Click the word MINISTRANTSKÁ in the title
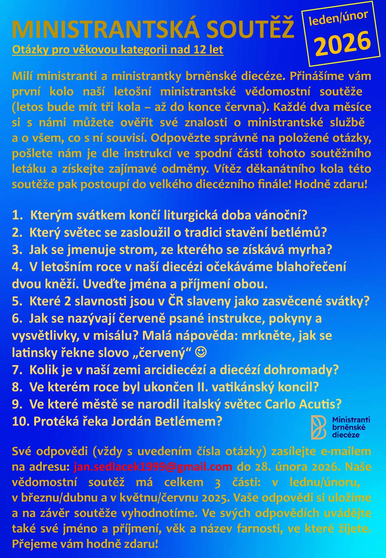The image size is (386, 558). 106,29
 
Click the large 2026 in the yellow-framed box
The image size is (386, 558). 342,44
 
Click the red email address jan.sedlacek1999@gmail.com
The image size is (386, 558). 153,467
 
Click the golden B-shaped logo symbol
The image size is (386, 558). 318,427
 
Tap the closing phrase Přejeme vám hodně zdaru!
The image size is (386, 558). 85,544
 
